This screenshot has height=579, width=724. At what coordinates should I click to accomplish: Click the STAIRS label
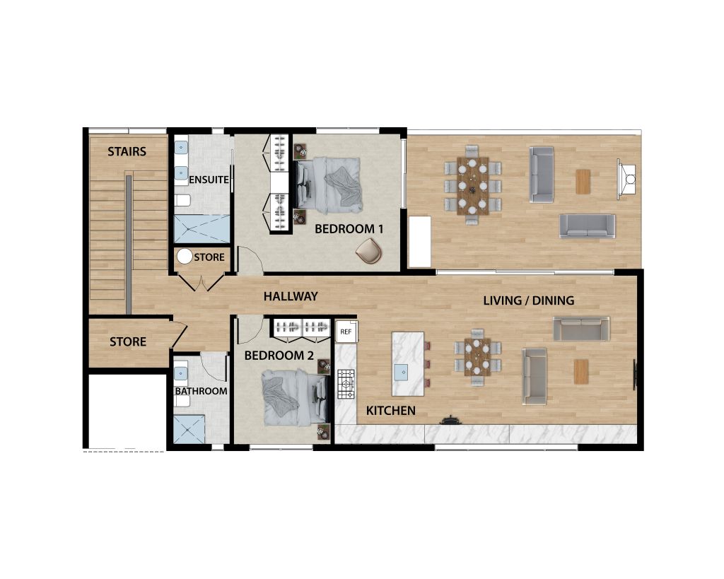tap(127, 151)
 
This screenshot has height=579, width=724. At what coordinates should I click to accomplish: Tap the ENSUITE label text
tap(209, 180)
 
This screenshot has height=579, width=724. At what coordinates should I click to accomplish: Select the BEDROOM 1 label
tap(349, 229)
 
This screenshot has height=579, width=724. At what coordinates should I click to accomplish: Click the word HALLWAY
tap(291, 296)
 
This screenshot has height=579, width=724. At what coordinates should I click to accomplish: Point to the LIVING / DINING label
tap(528, 300)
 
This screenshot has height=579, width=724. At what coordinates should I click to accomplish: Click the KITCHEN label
tap(390, 411)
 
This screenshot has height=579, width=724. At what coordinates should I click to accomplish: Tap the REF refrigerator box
tap(346, 331)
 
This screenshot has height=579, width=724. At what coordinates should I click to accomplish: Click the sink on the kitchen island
tap(402, 370)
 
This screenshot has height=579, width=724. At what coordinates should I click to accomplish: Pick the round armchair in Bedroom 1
tap(370, 250)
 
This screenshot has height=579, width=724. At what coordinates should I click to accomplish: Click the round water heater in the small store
tap(185, 257)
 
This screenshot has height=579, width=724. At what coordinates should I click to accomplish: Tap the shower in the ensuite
tap(202, 229)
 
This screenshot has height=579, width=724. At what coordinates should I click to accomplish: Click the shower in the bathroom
tap(189, 429)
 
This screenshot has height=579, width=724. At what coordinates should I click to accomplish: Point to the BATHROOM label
tap(202, 391)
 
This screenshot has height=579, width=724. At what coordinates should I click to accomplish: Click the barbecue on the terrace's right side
tap(626, 174)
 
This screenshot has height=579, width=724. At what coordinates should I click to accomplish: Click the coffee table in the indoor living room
tap(581, 371)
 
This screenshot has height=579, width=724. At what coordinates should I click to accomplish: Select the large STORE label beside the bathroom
tap(128, 342)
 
